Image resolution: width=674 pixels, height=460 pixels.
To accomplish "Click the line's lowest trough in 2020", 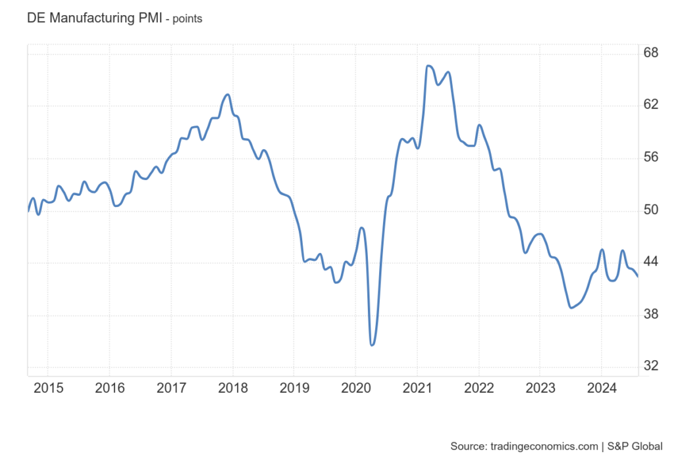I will (372, 345).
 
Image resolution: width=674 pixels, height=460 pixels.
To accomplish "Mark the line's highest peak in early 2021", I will (428, 66).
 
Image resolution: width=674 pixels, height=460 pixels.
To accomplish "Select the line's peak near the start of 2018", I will (227, 95).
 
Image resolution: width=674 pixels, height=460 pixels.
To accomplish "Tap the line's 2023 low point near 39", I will (571, 308).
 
